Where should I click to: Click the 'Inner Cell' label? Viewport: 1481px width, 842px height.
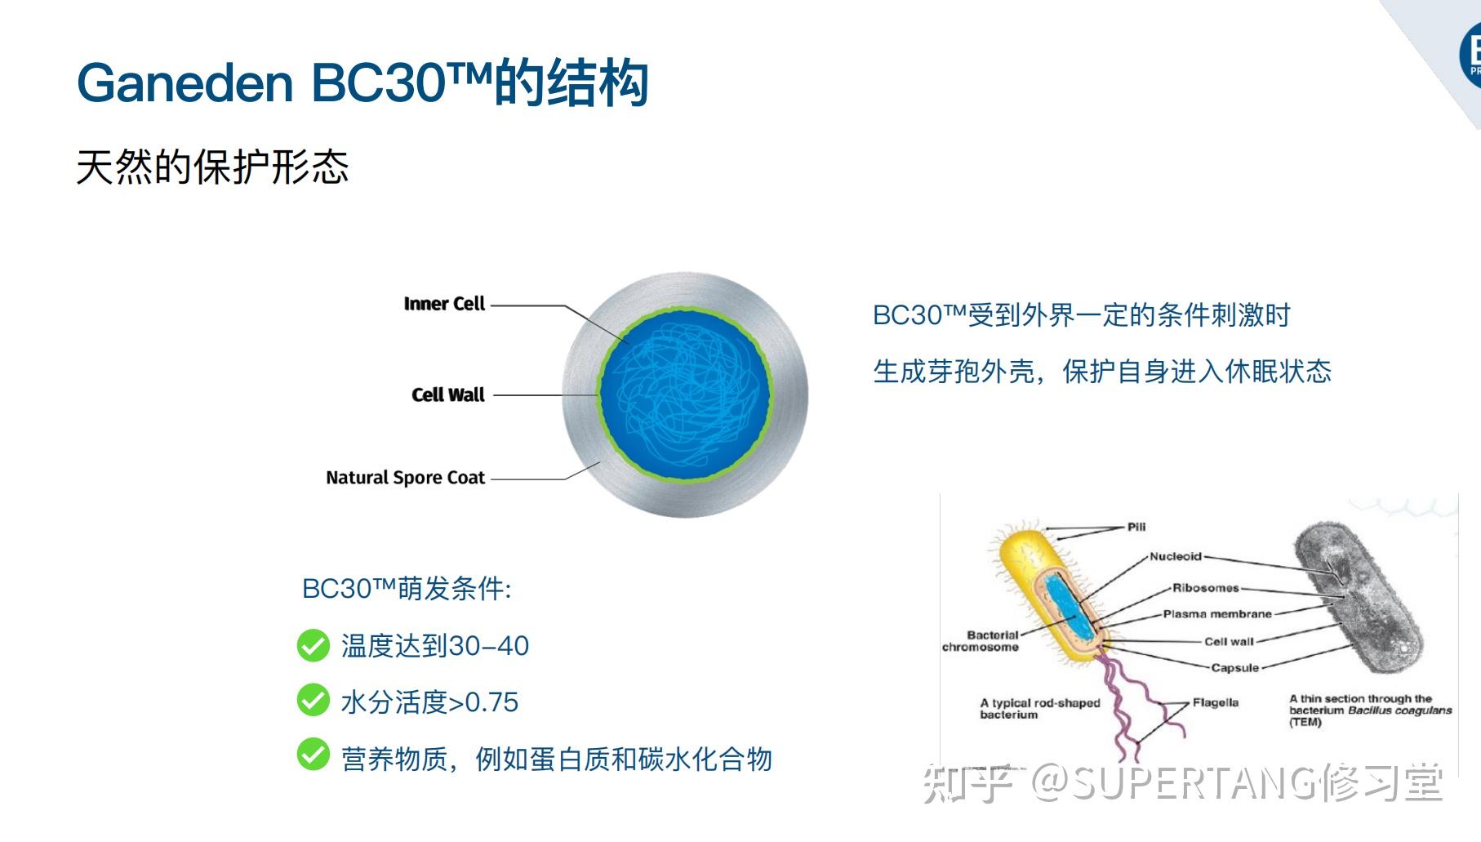tap(444, 304)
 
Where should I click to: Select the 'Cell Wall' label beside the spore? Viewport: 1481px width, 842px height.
tap(447, 395)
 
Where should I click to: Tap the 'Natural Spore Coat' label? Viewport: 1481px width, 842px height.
tap(405, 478)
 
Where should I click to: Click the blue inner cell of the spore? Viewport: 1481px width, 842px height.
tap(684, 394)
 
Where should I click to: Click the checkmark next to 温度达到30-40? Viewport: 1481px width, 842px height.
tap(313, 645)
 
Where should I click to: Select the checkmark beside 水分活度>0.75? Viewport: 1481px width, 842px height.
tap(313, 701)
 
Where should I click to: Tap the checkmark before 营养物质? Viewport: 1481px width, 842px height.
tap(313, 755)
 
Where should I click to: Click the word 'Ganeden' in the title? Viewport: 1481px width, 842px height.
tap(185, 83)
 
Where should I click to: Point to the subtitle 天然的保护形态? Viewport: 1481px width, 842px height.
tap(212, 167)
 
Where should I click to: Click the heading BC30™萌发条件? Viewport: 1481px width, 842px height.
tap(407, 589)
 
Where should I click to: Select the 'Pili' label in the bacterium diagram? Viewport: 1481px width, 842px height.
tap(1136, 527)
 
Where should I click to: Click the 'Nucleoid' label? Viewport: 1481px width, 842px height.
tap(1175, 556)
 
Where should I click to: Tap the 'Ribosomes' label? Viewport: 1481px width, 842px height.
tap(1205, 587)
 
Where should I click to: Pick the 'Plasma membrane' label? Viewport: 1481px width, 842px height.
tap(1216, 613)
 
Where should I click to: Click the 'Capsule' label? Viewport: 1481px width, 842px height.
tap(1234, 667)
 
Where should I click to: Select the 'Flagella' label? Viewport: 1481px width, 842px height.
tap(1215, 702)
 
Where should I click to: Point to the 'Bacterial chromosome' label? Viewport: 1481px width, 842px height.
tap(981, 641)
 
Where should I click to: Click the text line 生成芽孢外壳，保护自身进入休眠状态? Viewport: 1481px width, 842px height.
tap(1101, 372)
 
